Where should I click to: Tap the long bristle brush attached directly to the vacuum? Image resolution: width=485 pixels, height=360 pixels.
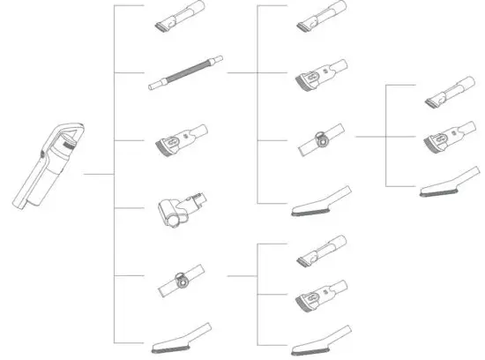click(182, 335)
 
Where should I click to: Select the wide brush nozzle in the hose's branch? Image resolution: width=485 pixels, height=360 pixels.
click(321, 75)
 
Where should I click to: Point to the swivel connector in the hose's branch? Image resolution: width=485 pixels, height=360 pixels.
click(321, 142)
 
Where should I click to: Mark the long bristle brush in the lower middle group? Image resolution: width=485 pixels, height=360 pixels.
click(321, 337)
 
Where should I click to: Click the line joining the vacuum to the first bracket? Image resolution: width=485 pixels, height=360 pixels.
click(99, 174)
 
